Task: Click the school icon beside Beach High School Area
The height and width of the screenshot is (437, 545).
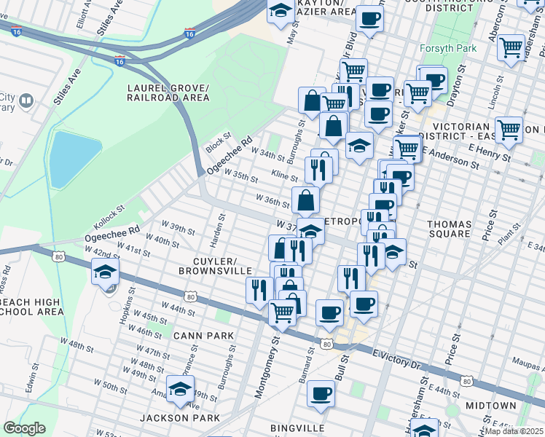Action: point(105,273)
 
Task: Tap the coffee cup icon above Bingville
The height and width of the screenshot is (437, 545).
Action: point(320,394)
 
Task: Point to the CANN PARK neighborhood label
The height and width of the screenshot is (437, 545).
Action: point(203,336)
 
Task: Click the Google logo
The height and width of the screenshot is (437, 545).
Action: point(24,428)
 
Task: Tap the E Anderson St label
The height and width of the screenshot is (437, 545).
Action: point(454,158)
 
